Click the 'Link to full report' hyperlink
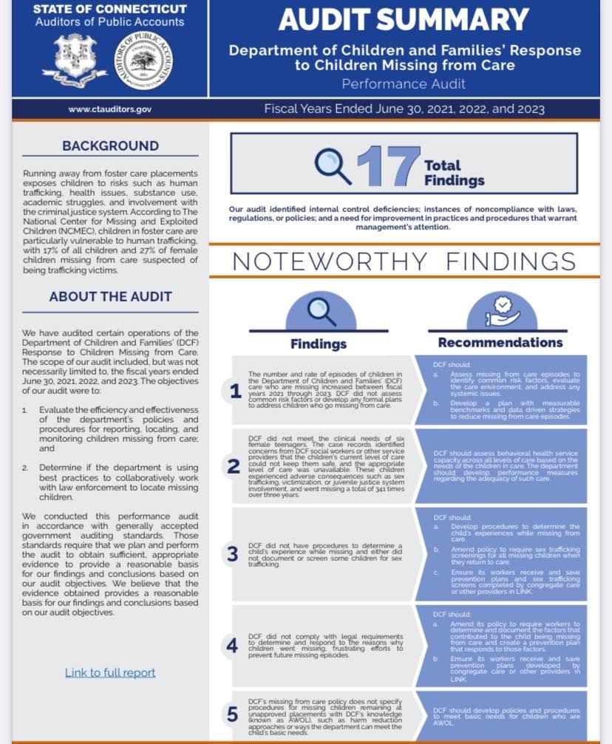[110, 672]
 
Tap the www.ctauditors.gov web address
[109, 109]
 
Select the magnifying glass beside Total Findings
[333, 165]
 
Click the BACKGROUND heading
[110, 146]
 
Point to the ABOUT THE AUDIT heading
[110, 296]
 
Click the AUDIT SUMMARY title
[404, 20]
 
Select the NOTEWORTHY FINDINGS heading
[404, 262]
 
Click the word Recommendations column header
[500, 342]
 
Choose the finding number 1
[235, 392]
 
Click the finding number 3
[232, 553]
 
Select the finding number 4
[232, 645]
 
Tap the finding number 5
[232, 714]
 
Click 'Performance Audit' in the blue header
[404, 83]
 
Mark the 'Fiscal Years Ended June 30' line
[404, 109]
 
